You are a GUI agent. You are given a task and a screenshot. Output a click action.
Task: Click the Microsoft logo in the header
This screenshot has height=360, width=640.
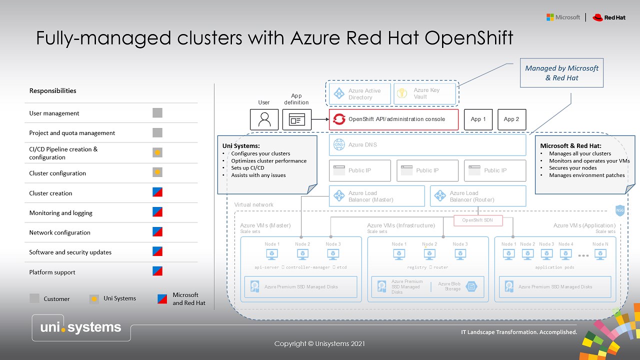click(563, 17)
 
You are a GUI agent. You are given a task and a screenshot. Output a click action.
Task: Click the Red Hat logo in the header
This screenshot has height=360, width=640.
click(608, 17)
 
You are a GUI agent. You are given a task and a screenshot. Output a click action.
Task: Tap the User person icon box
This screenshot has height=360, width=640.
click(264, 119)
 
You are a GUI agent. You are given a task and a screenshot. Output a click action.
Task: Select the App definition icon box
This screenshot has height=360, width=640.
click(296, 119)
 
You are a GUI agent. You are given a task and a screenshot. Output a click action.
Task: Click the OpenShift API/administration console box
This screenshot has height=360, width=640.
click(393, 119)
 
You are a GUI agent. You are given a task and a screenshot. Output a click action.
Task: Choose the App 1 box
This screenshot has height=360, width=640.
click(478, 119)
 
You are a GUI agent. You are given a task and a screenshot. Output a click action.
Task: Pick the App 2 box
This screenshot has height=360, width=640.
click(511, 119)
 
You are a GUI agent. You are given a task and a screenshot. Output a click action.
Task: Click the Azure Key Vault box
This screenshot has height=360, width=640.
click(425, 93)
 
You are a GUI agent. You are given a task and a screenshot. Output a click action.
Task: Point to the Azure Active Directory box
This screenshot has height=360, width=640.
click(359, 93)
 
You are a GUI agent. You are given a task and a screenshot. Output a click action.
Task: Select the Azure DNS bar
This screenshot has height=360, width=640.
click(427, 145)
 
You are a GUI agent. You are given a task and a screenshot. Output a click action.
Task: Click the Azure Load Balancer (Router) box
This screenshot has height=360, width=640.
click(478, 196)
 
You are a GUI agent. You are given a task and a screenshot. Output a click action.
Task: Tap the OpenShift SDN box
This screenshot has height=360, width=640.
click(477, 220)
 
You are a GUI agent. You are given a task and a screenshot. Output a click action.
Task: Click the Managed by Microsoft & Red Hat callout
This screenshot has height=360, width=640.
click(561, 73)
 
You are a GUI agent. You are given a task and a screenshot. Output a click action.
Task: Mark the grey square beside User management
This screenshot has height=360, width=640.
click(157, 113)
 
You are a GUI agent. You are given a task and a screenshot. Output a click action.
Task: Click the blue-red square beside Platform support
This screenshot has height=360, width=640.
click(157, 271)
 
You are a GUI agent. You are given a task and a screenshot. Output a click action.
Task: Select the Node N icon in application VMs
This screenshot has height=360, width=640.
click(600, 254)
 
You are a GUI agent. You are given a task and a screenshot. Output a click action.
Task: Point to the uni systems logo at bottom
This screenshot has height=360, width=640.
click(81, 327)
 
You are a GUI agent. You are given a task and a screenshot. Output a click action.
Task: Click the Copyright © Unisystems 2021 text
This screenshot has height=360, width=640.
click(319, 343)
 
